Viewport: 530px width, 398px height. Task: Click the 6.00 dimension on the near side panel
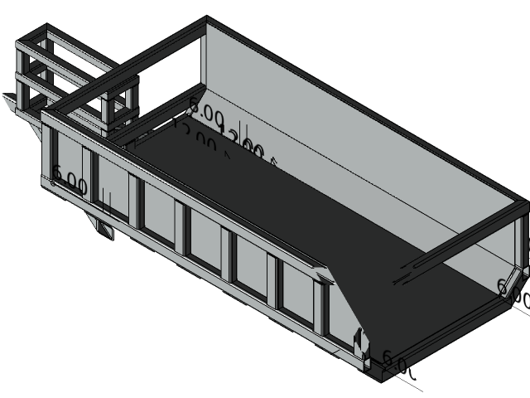tap(70, 181)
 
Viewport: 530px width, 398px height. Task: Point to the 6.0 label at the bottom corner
tap(394, 361)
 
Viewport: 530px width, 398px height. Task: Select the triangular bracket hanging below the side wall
tap(102, 228)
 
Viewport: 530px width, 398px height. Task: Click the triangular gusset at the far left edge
tap(12, 104)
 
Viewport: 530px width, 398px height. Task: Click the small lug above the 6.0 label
tap(359, 340)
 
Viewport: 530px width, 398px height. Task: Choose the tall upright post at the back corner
tap(204, 62)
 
